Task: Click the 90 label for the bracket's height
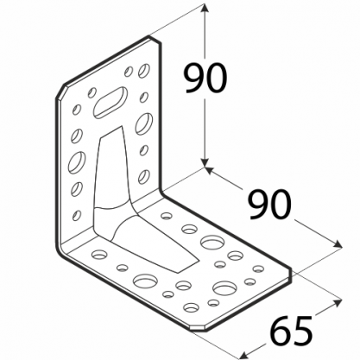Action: [x=205, y=79]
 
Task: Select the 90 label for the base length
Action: [x=269, y=205]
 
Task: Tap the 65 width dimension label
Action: [x=292, y=331]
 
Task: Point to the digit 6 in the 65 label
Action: [x=281, y=331]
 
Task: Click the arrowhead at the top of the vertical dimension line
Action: [x=205, y=8]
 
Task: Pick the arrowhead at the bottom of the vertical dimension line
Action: [x=205, y=163]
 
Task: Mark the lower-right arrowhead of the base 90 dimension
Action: [x=338, y=244]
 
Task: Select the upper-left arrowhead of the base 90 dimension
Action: [x=209, y=170]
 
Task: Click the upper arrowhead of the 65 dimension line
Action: [x=338, y=302]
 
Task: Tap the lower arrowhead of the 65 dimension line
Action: [x=244, y=355]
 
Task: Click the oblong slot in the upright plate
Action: [x=111, y=102]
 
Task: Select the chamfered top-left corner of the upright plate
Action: [x=60, y=92]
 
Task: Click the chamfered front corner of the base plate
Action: [x=198, y=329]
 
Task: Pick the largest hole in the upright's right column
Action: [x=144, y=123]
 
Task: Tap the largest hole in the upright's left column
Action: [x=77, y=162]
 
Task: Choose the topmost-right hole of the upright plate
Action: [x=144, y=71]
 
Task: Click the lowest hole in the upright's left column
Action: [x=77, y=215]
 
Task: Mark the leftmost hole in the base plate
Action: [x=99, y=254]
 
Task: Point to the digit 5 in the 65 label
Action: [x=302, y=331]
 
